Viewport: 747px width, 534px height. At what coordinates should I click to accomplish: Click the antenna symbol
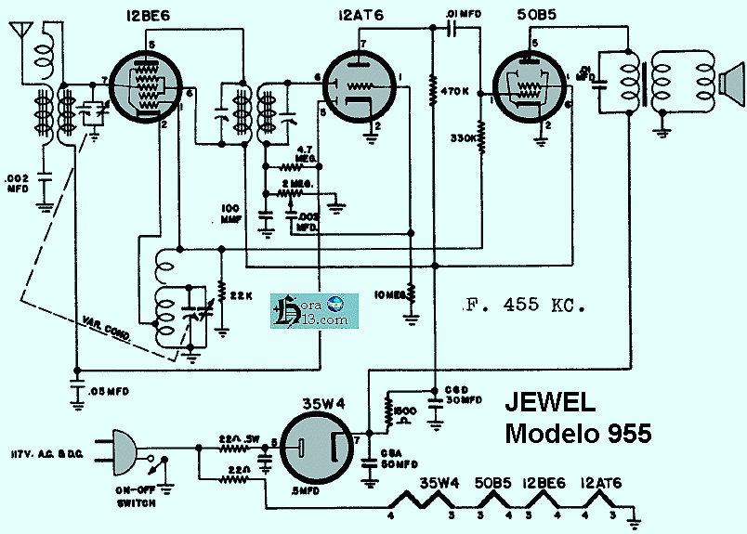click(x=19, y=32)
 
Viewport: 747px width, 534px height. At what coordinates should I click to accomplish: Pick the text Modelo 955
click(x=578, y=433)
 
